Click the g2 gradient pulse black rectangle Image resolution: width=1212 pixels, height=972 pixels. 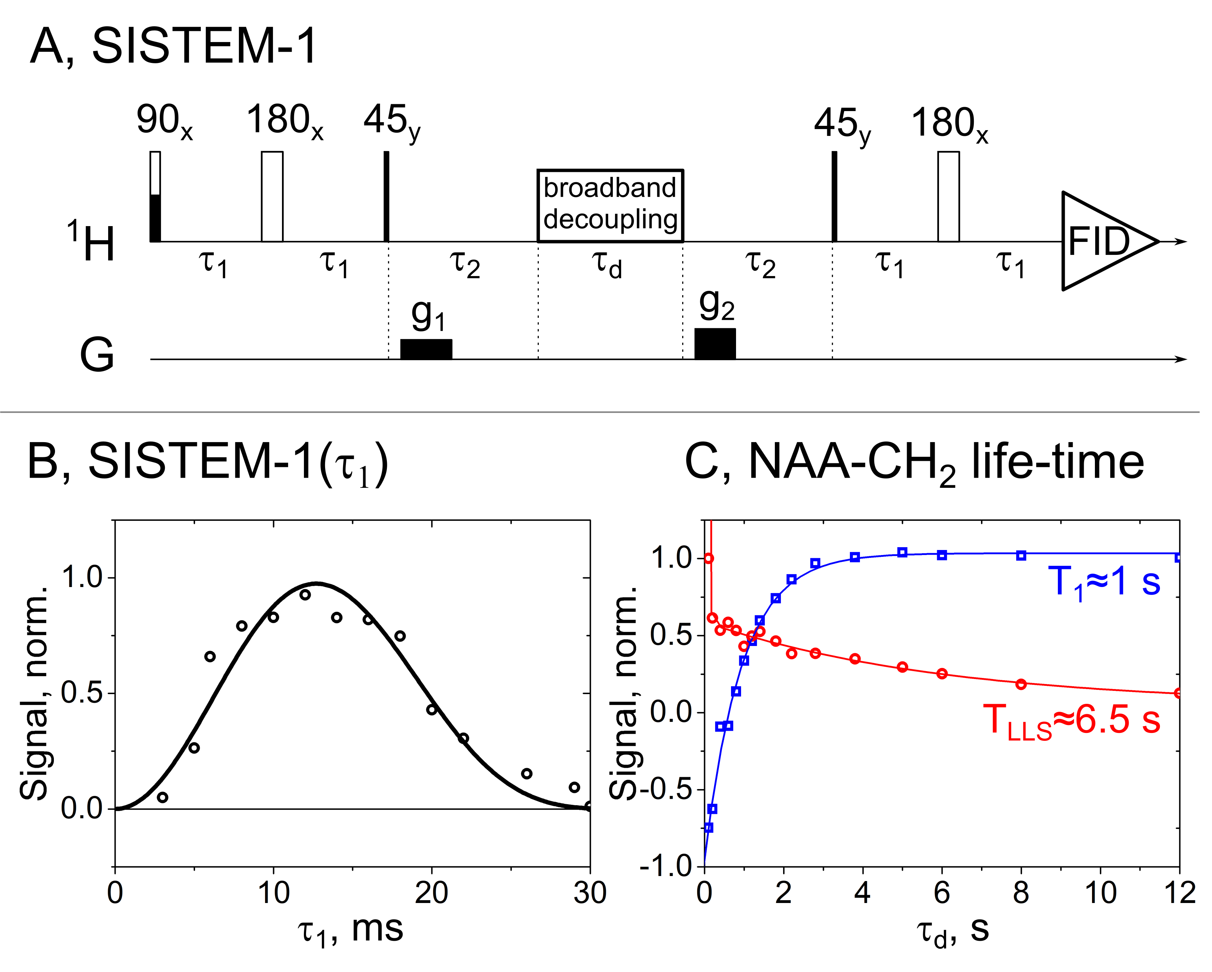pyautogui.click(x=715, y=344)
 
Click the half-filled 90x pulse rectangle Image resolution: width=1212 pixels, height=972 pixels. pyautogui.click(x=155, y=197)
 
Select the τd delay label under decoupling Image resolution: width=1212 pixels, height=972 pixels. pyautogui.click(x=607, y=264)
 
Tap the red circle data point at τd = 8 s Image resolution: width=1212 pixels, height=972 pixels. pyautogui.click(x=1021, y=684)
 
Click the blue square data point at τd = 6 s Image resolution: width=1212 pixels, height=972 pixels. pyautogui.click(x=942, y=555)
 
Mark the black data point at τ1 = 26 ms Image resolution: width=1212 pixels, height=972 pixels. pyautogui.click(x=527, y=774)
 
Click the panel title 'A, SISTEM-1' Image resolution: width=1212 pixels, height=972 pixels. pyautogui.click(x=174, y=46)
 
